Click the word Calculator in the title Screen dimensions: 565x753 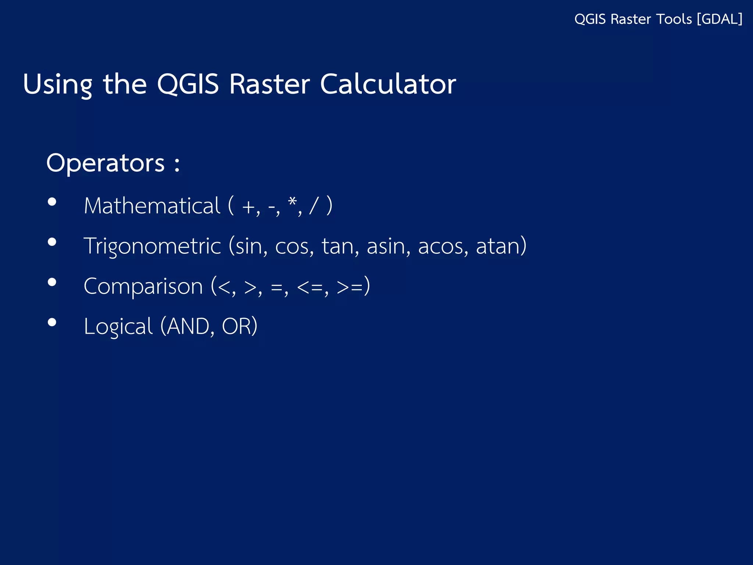coord(388,84)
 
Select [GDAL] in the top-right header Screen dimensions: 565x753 coord(720,19)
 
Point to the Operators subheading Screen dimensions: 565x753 coord(106,163)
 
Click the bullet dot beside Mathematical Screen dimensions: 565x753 coord(52,202)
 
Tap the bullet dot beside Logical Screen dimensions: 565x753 coord(52,322)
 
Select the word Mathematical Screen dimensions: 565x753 coord(152,206)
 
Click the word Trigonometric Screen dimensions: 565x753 coord(152,246)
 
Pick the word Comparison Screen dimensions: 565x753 coord(143,287)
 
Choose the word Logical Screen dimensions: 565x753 coord(118,327)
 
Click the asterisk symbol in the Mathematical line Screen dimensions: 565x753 coord(292,202)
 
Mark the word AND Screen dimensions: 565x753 coord(188,326)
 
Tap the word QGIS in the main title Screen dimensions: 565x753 coord(188,84)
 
